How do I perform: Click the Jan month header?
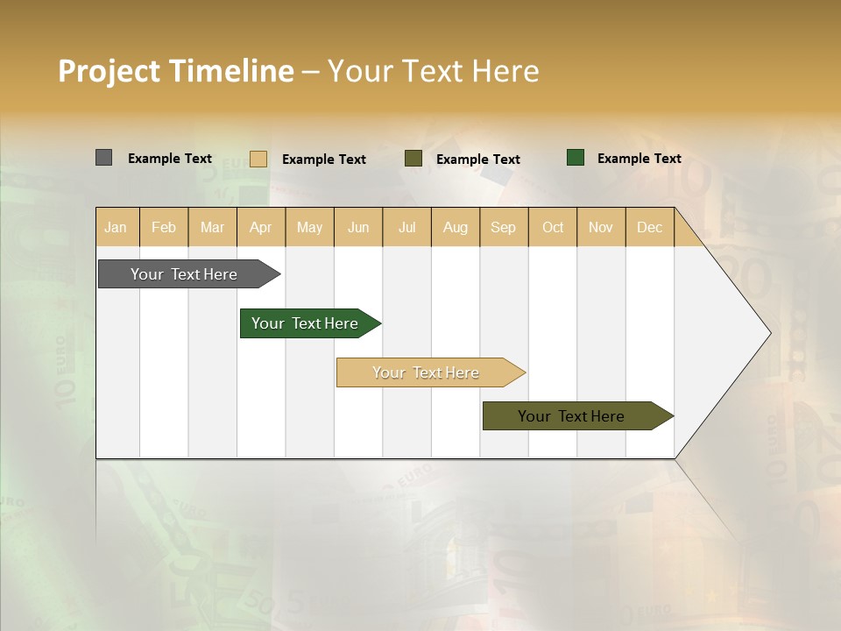[x=116, y=227]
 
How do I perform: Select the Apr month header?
[x=260, y=227]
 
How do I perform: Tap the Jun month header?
[x=358, y=227]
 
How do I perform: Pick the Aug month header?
[x=455, y=227]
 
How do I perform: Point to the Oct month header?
[x=552, y=227]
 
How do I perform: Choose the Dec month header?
[x=649, y=227]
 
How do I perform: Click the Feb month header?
[x=164, y=227]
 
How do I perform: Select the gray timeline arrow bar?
[x=184, y=274]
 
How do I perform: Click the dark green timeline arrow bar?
[x=305, y=323]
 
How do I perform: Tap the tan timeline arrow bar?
[x=426, y=372]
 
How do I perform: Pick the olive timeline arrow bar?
[x=571, y=416]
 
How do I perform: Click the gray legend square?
[x=103, y=158]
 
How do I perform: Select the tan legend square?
[x=258, y=159]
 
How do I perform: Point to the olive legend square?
[x=413, y=159]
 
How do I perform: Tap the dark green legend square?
[x=576, y=158]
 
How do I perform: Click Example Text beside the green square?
[x=639, y=159]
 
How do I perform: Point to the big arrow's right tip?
[x=768, y=333]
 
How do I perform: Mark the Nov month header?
[x=600, y=227]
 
